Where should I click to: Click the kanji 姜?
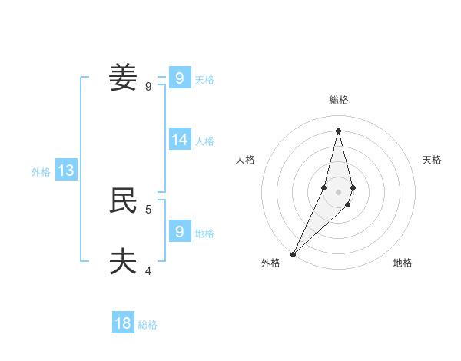click(123, 78)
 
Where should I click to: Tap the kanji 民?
click(123, 200)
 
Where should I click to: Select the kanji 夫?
click(123, 261)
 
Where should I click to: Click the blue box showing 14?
click(180, 139)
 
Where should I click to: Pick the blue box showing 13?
click(66, 171)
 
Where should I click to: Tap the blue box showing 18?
click(123, 323)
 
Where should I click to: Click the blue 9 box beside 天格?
click(180, 78)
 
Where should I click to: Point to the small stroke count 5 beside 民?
click(148, 209)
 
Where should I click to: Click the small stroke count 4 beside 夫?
click(148, 270)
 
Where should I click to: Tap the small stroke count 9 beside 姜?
click(148, 87)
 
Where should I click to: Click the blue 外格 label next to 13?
click(41, 172)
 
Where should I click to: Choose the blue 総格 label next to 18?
click(148, 325)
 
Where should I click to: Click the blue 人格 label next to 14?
click(204, 141)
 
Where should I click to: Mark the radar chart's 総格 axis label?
click(338, 100)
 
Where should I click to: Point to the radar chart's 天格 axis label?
click(432, 160)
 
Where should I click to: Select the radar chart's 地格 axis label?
click(403, 263)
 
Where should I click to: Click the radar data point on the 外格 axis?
click(293, 254)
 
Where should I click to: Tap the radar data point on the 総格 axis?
click(338, 130)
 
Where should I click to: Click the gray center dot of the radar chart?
click(338, 192)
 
